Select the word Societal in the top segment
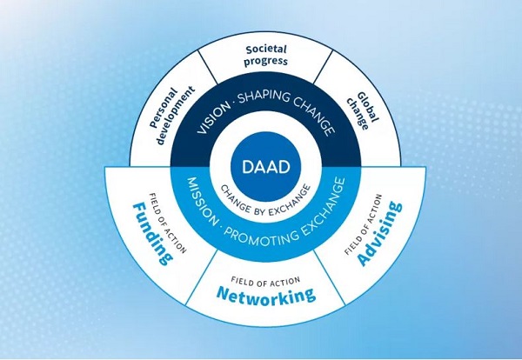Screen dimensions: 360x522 [266, 50]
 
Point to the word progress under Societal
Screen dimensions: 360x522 [266, 63]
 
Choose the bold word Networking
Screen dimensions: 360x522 [265, 296]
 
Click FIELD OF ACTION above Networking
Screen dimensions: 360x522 [265, 280]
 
